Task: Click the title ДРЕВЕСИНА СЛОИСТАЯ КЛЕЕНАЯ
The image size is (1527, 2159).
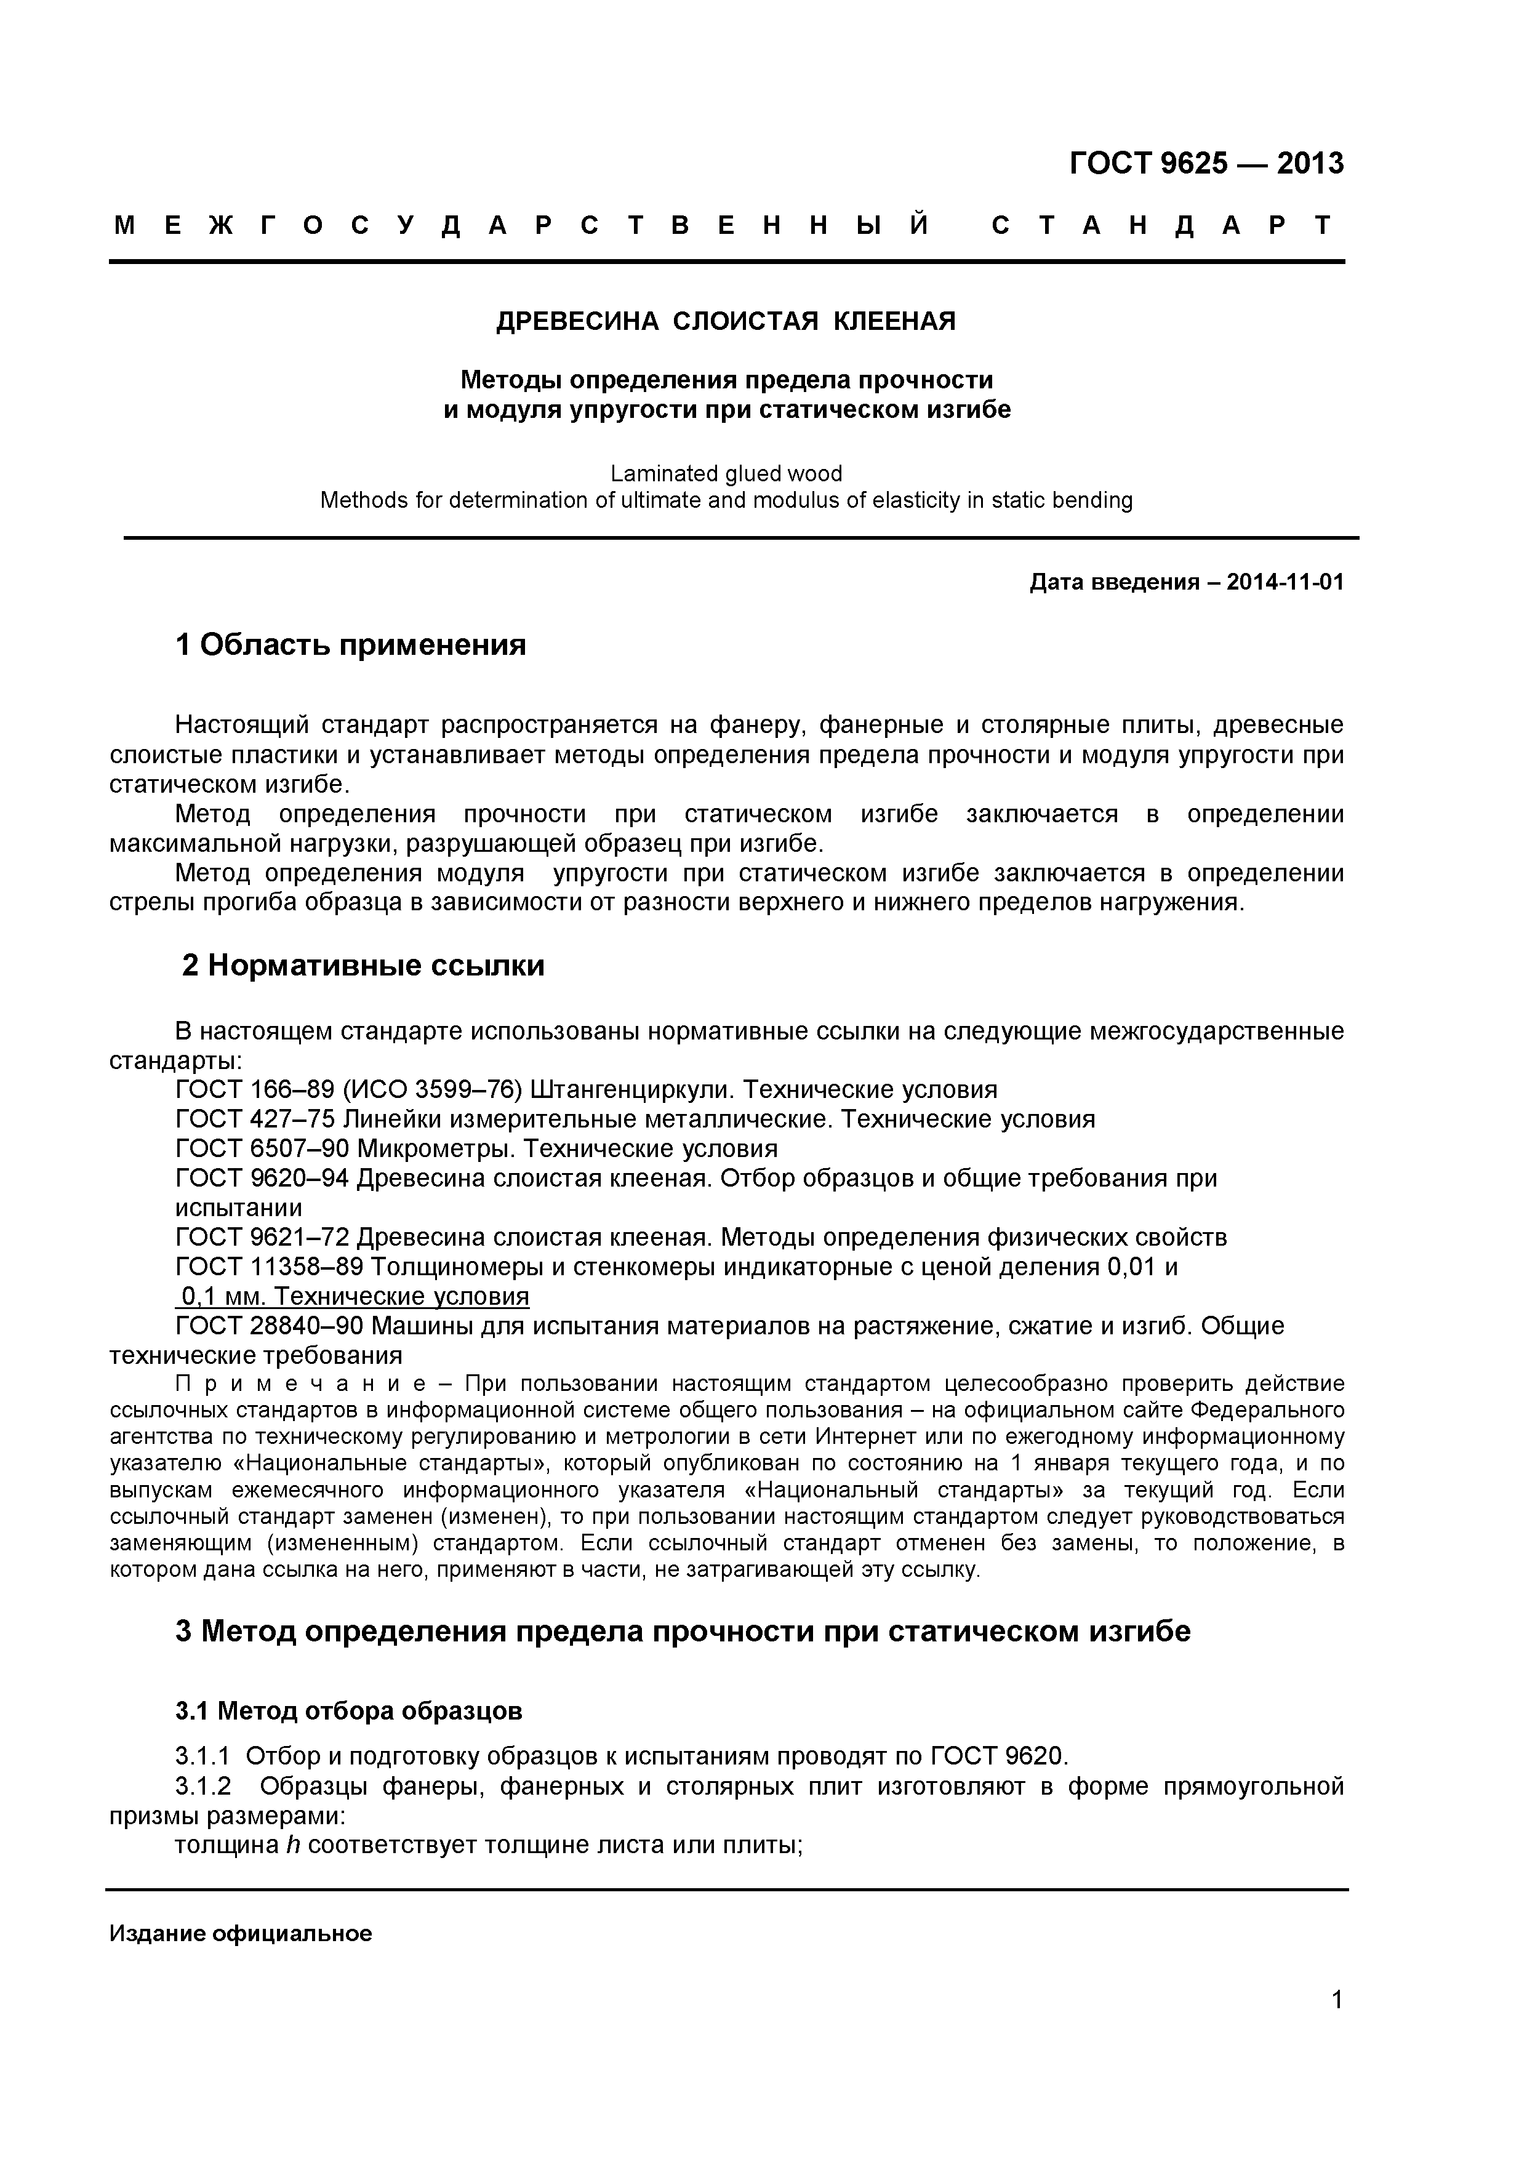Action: pos(725,322)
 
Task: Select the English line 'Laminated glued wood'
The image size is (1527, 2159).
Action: pos(726,473)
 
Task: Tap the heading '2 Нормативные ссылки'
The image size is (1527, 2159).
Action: pos(363,966)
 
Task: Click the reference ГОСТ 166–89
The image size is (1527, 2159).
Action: pos(255,1090)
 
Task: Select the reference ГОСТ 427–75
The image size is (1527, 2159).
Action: pos(255,1119)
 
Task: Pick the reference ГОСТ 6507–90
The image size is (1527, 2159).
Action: pos(262,1148)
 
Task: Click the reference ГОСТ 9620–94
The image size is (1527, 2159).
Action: pos(262,1178)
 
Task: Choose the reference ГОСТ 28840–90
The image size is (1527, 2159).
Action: pos(270,1326)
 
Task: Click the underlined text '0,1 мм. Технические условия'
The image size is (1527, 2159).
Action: pos(353,1297)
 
